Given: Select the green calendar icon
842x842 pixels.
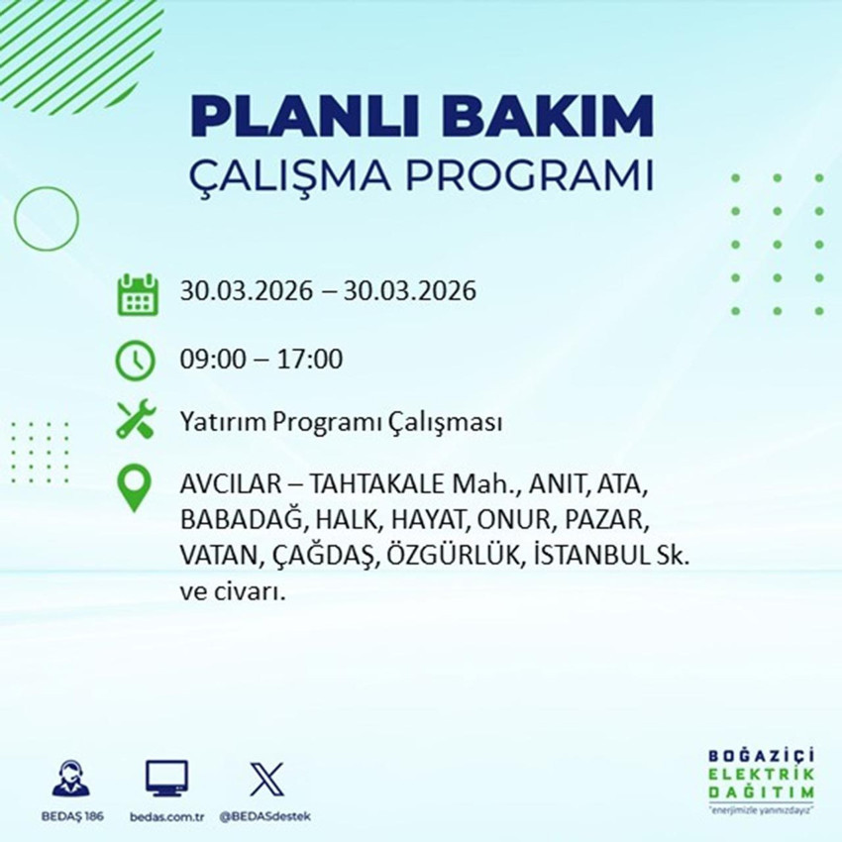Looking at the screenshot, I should click(x=138, y=294).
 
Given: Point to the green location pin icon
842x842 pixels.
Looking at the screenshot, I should click(x=135, y=488).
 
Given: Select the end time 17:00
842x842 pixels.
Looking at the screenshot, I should click(x=312, y=360).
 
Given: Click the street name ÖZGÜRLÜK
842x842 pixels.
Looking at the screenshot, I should click(x=457, y=557).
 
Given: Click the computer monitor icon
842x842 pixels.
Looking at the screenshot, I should click(x=166, y=779).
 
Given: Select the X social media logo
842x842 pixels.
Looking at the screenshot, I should click(x=264, y=779).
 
